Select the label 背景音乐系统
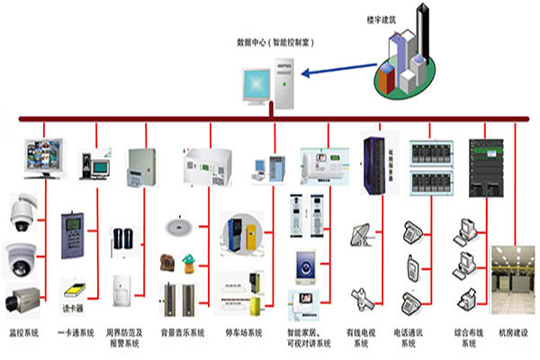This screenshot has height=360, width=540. (x=183, y=334)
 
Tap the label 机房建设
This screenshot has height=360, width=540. (x=512, y=334)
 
